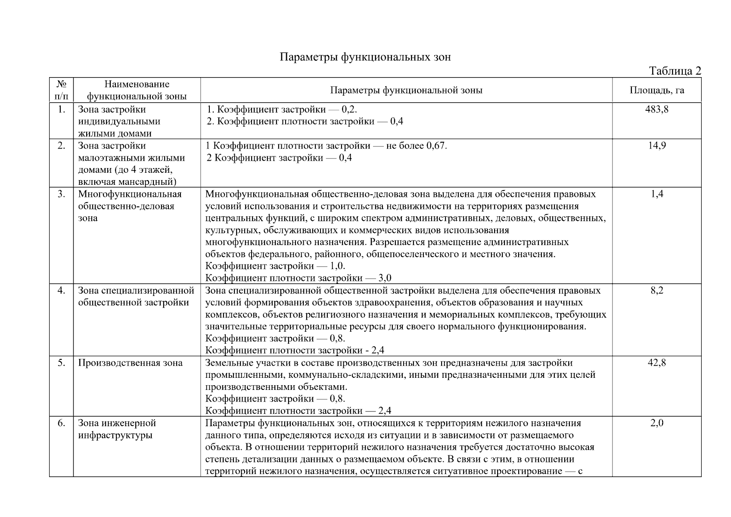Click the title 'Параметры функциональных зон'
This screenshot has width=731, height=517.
[365, 57]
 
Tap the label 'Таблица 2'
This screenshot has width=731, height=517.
[675, 71]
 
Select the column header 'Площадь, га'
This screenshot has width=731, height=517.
[656, 90]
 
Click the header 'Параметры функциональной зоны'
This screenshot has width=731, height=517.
[406, 90]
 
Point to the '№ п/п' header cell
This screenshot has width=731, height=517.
[62, 90]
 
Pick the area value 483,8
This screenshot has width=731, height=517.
[656, 109]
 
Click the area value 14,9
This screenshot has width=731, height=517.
[656, 146]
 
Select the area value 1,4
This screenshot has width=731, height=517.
[656, 194]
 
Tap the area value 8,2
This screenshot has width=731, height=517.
[656, 290]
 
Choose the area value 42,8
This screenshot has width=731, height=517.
[656, 363]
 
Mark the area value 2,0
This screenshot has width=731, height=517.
[656, 423]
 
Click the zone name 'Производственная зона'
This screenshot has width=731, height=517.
[130, 363]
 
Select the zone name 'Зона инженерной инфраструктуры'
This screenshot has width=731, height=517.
[117, 429]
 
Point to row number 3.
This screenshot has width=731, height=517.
[62, 194]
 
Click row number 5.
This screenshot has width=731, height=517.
[62, 363]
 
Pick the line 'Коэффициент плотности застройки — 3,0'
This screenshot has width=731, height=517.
[298, 278]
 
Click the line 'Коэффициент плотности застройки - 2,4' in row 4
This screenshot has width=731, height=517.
[295, 350]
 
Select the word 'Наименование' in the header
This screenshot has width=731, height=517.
[137, 84]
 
